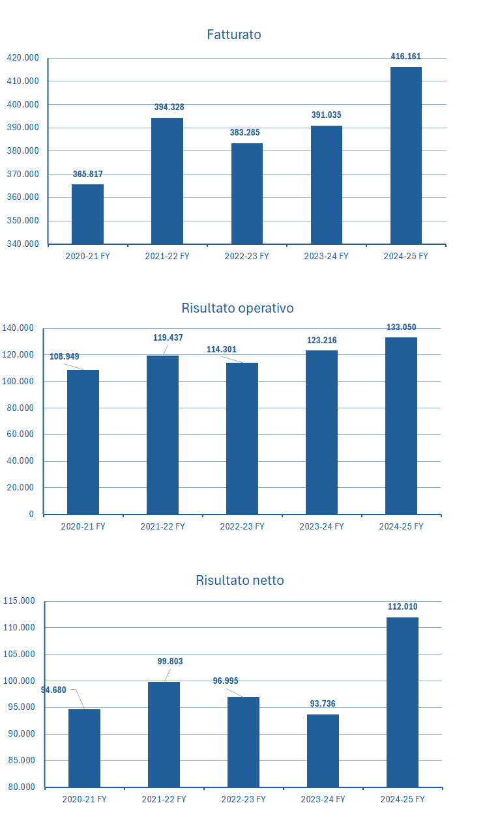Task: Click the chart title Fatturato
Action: coord(233,35)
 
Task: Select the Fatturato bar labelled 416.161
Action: coord(405,156)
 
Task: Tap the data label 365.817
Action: coord(87,174)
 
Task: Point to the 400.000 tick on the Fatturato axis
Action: coord(23,104)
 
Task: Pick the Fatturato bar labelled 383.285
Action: coord(246,193)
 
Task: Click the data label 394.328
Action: coord(169,107)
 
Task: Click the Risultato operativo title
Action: coord(237,308)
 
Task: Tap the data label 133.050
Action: coord(401,327)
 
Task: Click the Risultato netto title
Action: coord(239,580)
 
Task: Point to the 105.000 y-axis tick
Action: coord(19,654)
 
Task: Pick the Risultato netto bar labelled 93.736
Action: coord(323,750)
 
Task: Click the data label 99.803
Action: coord(170,661)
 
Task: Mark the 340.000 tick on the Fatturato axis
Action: coord(23,244)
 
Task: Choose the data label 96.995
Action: coord(226,681)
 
